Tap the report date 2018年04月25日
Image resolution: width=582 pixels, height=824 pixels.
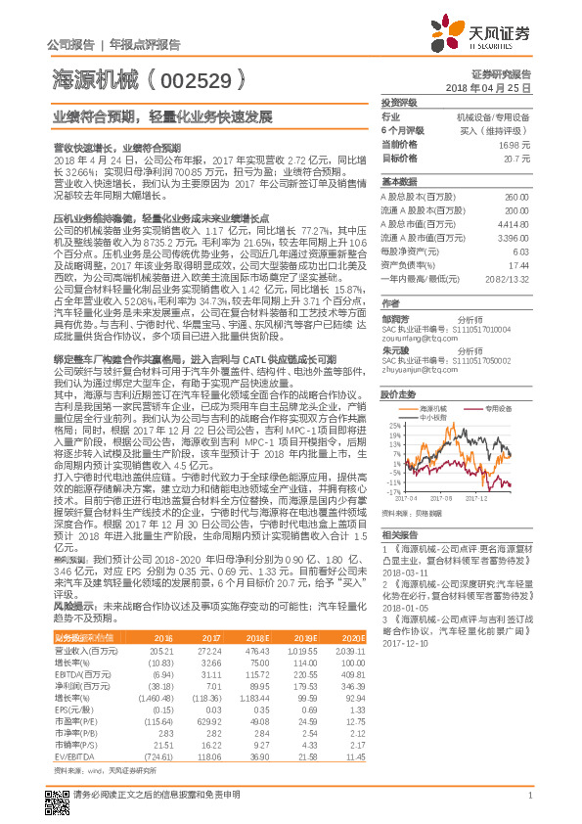(487, 88)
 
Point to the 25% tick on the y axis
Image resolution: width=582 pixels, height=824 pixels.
(393, 425)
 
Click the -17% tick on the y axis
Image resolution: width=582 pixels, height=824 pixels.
(392, 490)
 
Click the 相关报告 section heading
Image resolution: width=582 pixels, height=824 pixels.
(400, 535)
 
